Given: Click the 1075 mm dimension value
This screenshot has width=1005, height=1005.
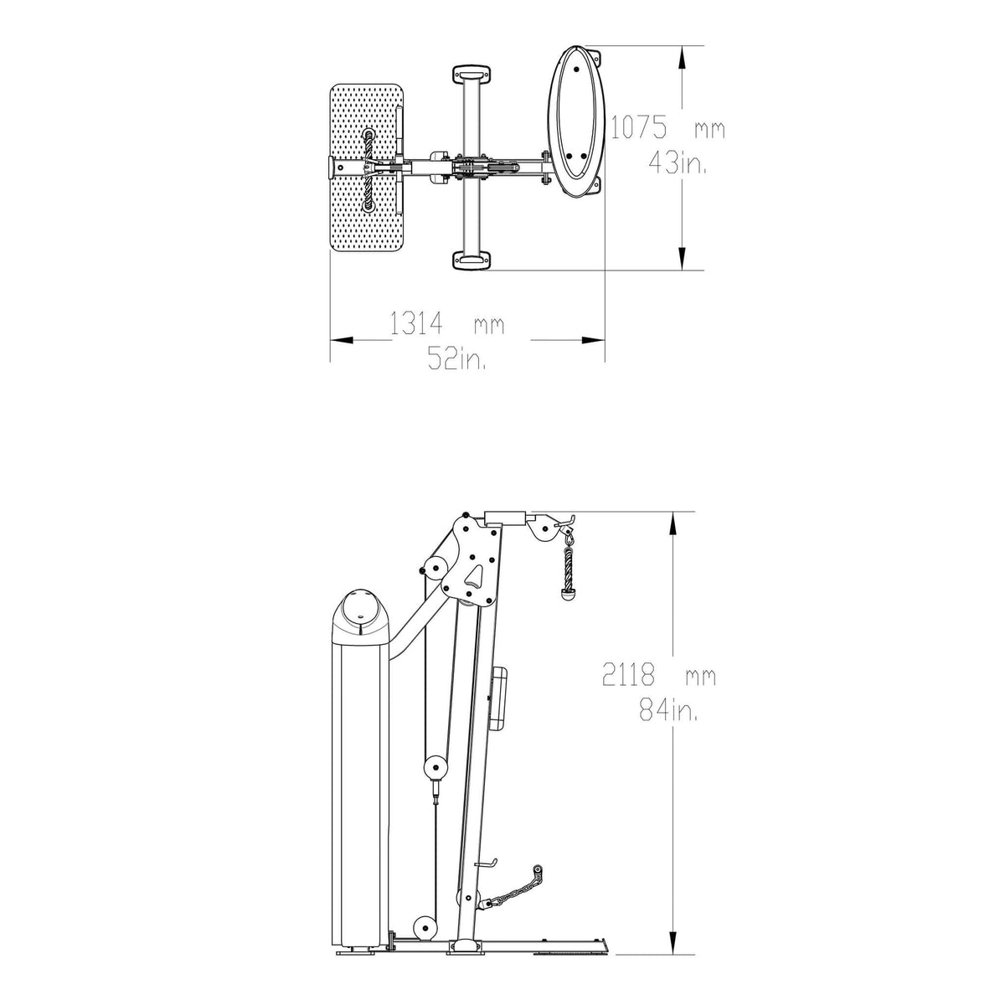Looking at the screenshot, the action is tap(667, 127).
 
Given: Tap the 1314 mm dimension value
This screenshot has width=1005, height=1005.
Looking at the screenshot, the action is tap(447, 323).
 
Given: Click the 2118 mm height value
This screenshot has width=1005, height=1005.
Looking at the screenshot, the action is tap(659, 677).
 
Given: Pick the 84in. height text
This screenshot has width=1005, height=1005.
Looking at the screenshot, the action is tap(669, 711).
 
